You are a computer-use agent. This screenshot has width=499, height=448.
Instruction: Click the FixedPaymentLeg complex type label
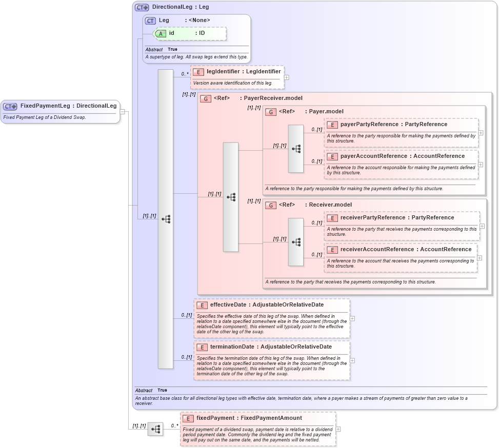point(45,106)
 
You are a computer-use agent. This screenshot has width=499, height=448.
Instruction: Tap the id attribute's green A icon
point(161,33)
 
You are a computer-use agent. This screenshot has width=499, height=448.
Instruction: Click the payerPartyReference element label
point(369,125)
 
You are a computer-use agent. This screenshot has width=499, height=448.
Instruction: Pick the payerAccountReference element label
point(374,156)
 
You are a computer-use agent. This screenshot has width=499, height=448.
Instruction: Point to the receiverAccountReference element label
point(377,250)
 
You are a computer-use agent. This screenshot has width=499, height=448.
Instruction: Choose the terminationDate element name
point(232,347)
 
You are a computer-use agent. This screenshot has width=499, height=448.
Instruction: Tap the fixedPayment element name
point(215,418)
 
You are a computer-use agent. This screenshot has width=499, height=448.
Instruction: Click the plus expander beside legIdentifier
point(286,78)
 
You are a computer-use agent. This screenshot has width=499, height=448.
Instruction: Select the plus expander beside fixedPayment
point(338,429)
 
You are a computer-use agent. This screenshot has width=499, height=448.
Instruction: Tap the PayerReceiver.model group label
point(273,98)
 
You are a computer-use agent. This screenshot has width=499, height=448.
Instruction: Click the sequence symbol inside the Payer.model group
point(296,149)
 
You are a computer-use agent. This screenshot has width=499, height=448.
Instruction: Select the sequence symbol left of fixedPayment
point(155,429)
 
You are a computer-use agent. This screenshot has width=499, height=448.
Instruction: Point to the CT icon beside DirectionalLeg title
point(142,8)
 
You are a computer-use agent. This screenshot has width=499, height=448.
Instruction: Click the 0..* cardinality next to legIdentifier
point(185,74)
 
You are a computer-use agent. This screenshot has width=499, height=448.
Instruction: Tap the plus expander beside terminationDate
point(352,360)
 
